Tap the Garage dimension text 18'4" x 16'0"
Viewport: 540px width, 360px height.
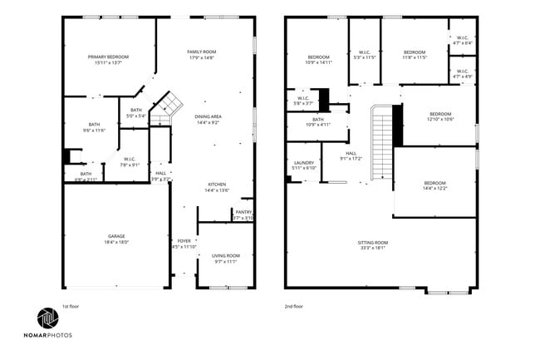pos(115,242)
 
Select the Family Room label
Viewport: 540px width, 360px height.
pos(201,52)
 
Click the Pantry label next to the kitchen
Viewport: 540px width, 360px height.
pos(243,212)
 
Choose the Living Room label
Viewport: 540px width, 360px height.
pos(225,255)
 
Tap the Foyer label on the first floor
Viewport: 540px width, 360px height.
pos(183,241)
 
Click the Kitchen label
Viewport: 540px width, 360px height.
pos(216,185)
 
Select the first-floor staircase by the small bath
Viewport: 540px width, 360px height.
pos(169,105)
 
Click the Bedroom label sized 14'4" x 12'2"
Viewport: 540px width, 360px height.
pos(434,183)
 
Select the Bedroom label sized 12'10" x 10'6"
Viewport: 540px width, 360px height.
pos(439,114)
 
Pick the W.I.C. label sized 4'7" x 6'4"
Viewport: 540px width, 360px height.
pos(462,37)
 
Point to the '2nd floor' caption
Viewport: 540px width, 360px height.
pos(294,306)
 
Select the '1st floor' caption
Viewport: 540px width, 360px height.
pos(72,306)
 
